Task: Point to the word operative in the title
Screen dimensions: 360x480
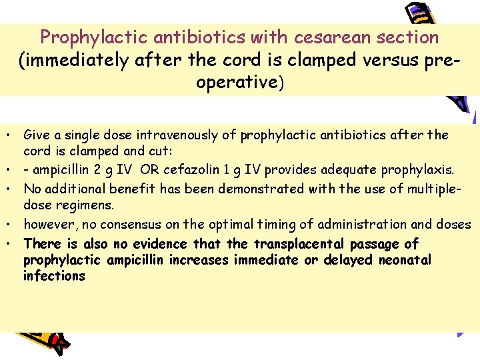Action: pyautogui.click(x=237, y=83)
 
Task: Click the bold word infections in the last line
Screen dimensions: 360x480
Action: pyautogui.click(x=54, y=276)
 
